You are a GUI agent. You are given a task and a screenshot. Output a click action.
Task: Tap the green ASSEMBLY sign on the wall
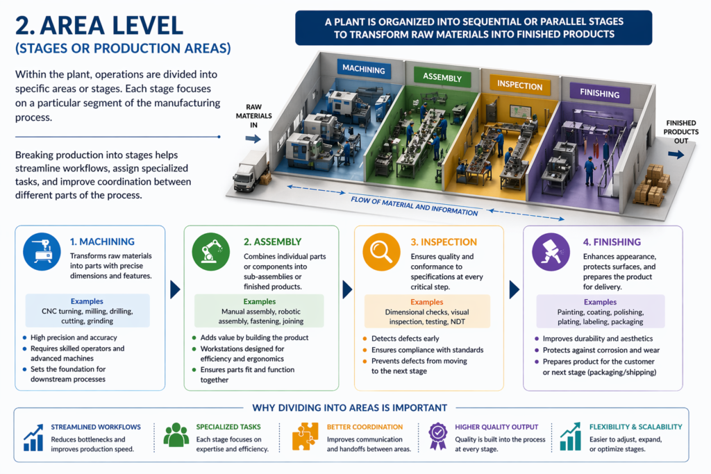pos(442,77)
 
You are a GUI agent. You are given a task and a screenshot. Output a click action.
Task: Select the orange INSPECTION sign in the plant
pos(519,85)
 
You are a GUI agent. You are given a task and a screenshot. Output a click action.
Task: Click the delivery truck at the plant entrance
pos(250,171)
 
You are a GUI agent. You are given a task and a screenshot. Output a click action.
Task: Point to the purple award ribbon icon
pos(437,435)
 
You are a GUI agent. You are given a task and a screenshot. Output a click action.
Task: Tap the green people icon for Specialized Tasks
pos(176,435)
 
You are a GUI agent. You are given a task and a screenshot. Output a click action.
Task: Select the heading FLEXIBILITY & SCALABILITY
pos(635,427)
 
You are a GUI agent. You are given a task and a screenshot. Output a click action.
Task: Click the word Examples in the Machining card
pos(87,302)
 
